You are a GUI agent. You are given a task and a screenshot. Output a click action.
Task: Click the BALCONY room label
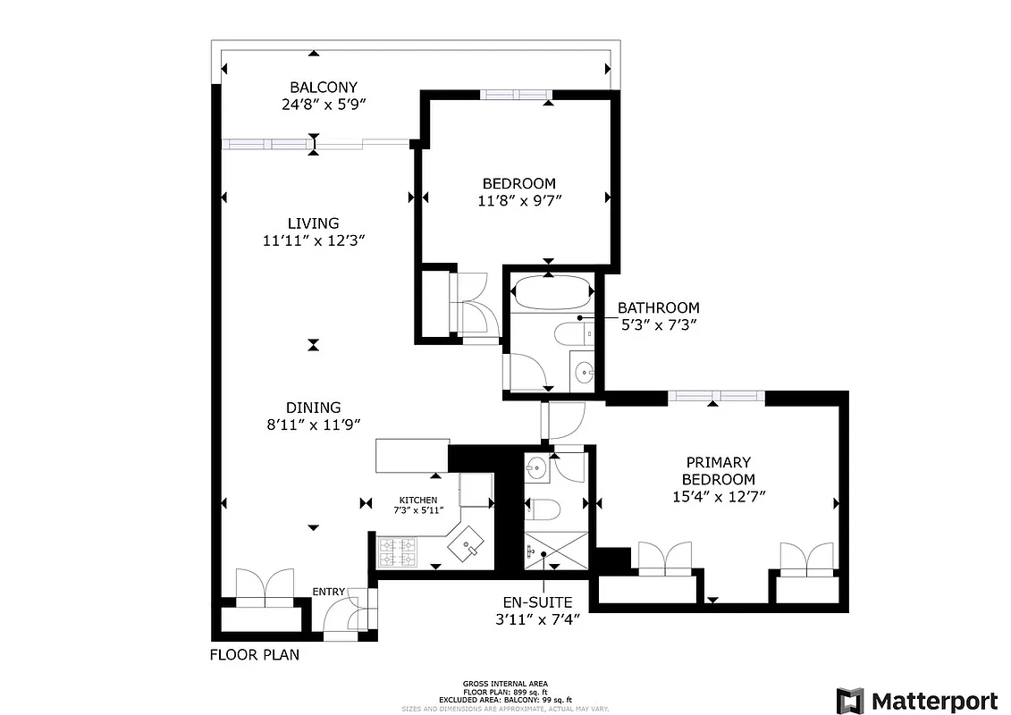click(311, 88)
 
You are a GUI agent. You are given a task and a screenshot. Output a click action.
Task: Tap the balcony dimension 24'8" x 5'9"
click(311, 105)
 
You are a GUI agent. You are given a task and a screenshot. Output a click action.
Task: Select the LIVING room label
click(313, 223)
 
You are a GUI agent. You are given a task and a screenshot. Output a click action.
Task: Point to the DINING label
click(313, 408)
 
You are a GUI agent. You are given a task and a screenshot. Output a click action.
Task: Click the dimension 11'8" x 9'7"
click(519, 201)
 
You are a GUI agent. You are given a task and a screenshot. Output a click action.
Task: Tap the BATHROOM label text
click(659, 308)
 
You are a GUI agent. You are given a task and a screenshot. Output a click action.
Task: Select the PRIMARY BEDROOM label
click(718, 470)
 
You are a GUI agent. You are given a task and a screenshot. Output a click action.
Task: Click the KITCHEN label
click(418, 500)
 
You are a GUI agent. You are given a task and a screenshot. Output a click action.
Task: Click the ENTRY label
click(328, 592)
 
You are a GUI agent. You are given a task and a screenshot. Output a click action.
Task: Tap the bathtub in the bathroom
click(550, 291)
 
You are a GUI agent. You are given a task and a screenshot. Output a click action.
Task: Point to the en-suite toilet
click(543, 510)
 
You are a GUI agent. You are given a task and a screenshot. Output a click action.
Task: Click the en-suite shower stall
click(556, 551)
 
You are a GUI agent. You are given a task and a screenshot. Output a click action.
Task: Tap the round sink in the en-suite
click(536, 467)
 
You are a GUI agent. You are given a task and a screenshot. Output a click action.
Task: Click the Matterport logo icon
click(849, 700)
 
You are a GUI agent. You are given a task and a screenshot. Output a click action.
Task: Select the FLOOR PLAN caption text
click(255, 654)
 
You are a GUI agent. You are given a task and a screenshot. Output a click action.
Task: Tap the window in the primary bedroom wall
click(716, 396)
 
